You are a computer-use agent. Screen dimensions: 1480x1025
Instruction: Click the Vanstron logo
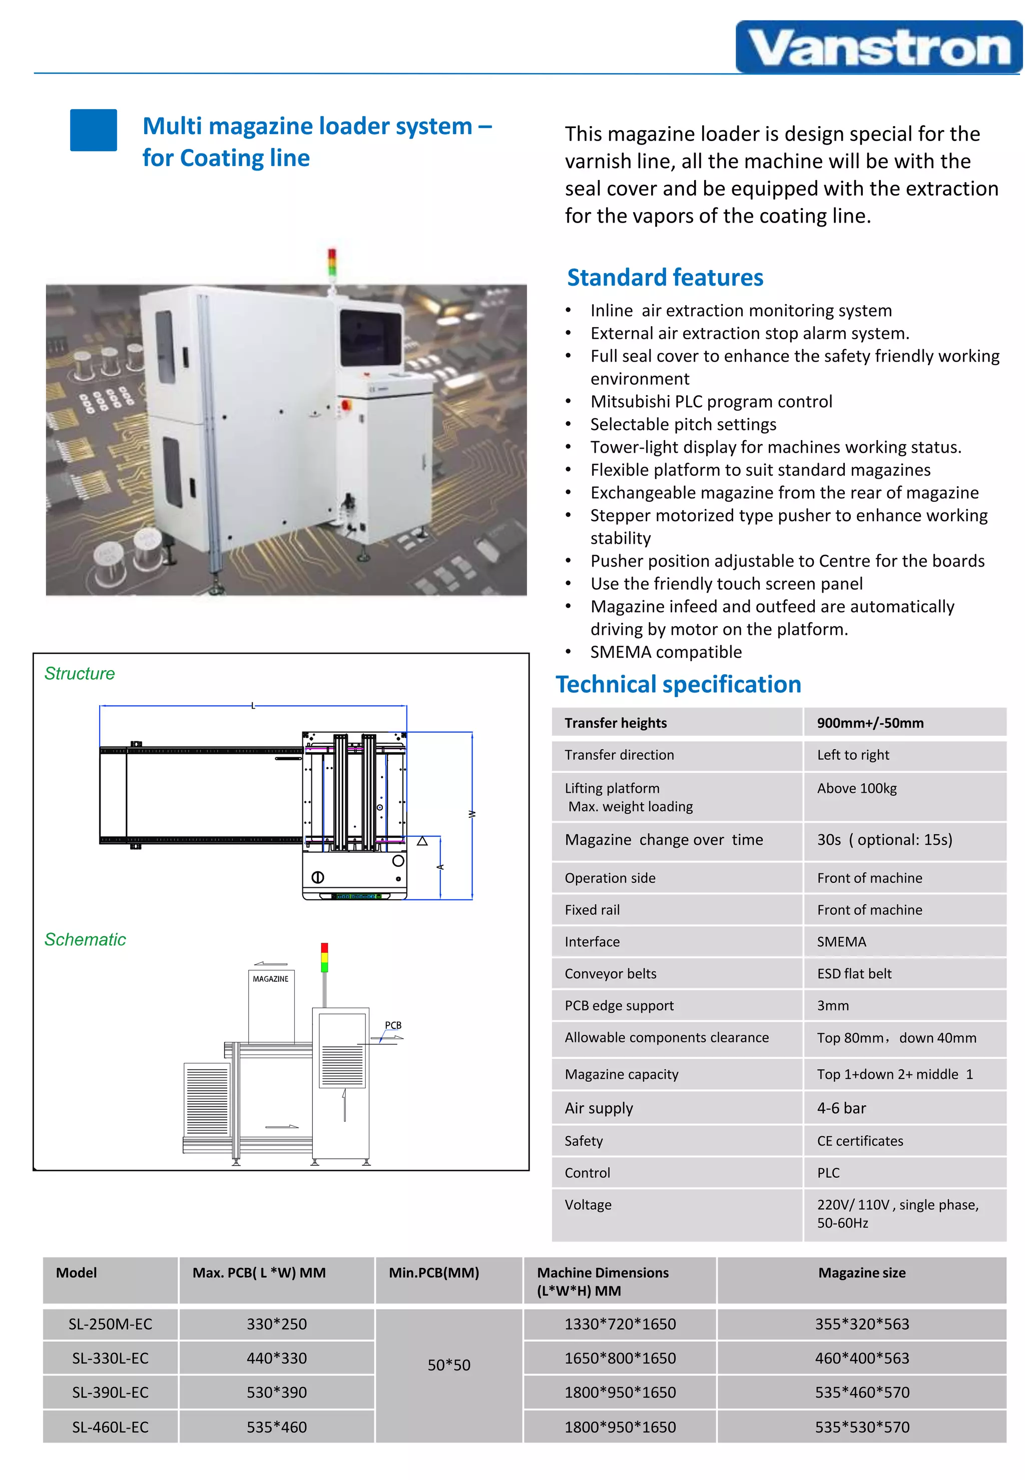pos(878,47)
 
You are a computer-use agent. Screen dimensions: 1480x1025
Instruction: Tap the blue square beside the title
pos(94,130)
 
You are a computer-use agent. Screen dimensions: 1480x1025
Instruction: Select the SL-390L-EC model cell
pos(111,1392)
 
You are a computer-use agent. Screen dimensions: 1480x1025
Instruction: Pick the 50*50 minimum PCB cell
pos(449,1365)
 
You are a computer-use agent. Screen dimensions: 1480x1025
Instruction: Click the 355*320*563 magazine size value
pos(862,1323)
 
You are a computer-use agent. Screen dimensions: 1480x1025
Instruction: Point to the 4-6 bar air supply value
pos(841,1108)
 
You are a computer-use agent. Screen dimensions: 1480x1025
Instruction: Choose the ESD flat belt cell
pos(854,974)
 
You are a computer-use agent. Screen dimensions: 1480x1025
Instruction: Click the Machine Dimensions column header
pos(603,1281)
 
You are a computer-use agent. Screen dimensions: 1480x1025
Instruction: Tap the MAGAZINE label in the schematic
pos(270,979)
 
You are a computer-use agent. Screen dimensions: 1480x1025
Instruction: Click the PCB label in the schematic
pos(393,1025)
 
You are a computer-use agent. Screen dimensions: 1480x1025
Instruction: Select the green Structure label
pos(80,673)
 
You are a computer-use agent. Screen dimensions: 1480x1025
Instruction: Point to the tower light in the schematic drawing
pos(324,957)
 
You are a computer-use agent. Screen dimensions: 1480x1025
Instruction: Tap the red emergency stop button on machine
pos(347,405)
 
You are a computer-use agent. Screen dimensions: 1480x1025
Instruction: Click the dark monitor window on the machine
pos(370,338)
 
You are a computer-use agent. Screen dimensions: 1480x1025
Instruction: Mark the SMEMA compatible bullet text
pos(666,652)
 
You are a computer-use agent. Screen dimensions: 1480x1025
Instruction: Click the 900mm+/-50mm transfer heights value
pos(870,723)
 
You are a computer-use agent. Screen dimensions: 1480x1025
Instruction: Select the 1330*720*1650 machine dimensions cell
pos(620,1323)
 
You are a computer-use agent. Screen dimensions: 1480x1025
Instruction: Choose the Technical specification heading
pos(678,685)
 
